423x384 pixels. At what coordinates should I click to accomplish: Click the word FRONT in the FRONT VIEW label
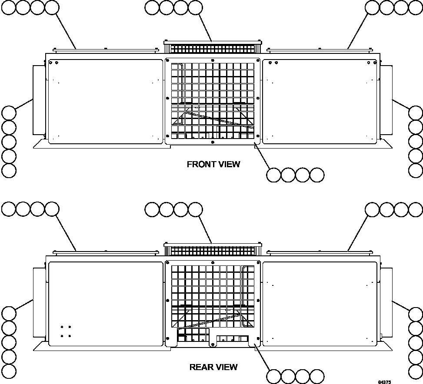pyautogui.click(x=199, y=164)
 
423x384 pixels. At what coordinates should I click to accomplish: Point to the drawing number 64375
pyautogui.click(x=384, y=382)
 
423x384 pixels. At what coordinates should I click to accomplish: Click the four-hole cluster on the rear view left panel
pyautogui.click(x=66, y=331)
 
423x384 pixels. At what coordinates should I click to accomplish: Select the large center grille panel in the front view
pyautogui.click(x=213, y=101)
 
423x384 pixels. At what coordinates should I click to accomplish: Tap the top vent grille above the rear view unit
pyautogui.click(x=213, y=250)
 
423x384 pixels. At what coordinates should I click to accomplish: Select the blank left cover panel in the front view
pyautogui.click(x=105, y=101)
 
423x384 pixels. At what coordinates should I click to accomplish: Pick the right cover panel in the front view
pyautogui.click(x=320, y=101)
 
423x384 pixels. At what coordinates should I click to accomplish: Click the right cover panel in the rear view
pyautogui.click(x=320, y=304)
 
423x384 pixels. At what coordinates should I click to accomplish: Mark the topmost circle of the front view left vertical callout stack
pyautogui.click(x=9, y=113)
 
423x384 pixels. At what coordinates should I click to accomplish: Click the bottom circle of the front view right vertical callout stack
pyautogui.click(x=416, y=170)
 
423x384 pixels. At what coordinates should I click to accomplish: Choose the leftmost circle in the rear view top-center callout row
pyautogui.click(x=152, y=210)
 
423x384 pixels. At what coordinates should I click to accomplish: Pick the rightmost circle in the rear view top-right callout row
pyautogui.click(x=415, y=209)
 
